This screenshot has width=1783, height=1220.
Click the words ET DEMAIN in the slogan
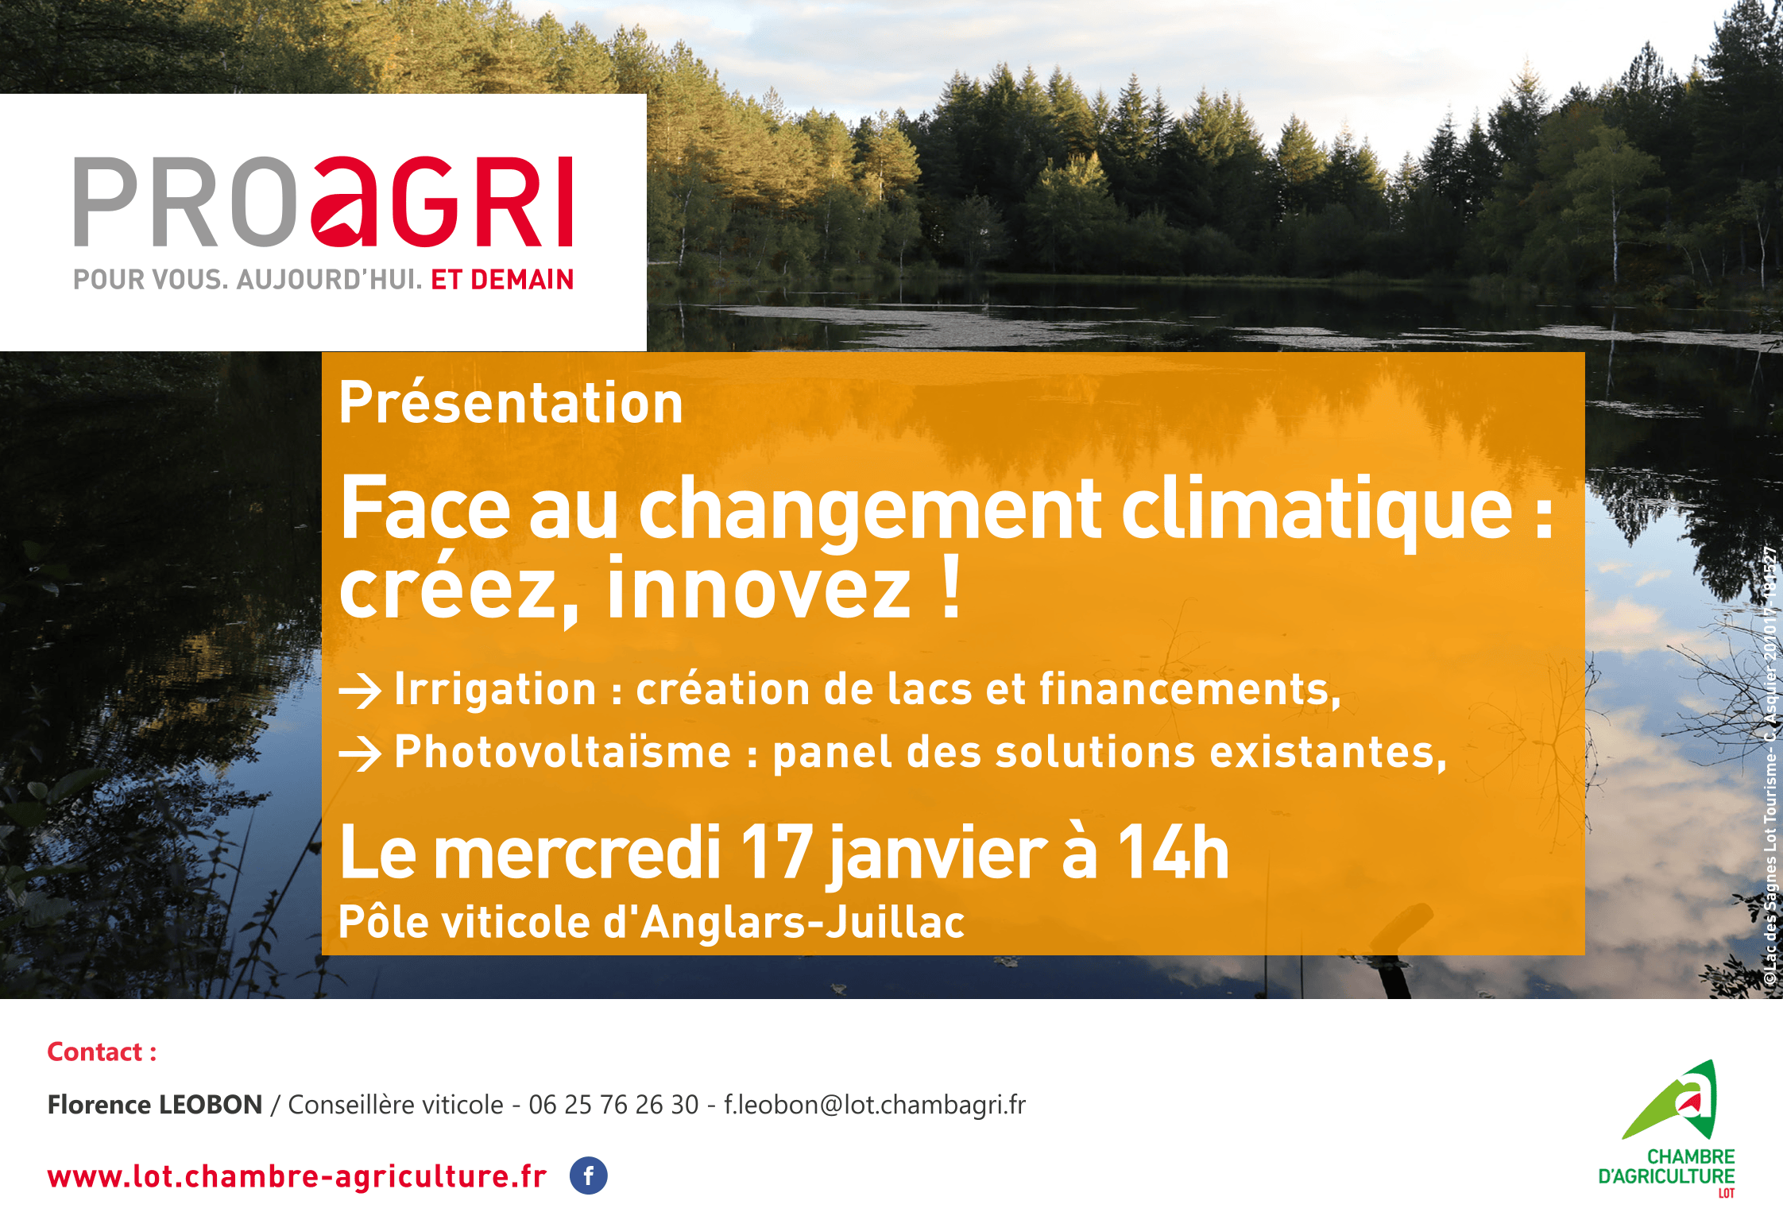click(x=501, y=280)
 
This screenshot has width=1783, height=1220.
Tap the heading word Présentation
click(x=511, y=403)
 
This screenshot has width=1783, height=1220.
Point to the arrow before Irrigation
click(x=360, y=691)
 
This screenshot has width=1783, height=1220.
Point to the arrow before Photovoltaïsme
click(x=360, y=753)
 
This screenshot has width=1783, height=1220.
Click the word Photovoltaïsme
click(x=563, y=752)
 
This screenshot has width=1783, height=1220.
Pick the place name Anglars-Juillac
click(x=803, y=923)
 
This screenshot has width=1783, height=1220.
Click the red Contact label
click(x=102, y=1052)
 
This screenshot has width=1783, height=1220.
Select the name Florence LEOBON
click(x=155, y=1105)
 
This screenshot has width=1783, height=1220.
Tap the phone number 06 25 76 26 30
click(x=613, y=1105)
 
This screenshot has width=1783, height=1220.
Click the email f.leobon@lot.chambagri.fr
click(x=874, y=1105)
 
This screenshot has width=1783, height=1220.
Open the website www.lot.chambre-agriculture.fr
click(x=297, y=1176)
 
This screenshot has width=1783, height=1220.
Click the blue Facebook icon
click(x=588, y=1175)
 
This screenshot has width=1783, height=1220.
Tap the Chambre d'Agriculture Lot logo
click(x=1669, y=1129)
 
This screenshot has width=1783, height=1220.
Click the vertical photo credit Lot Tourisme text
click(x=1770, y=795)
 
